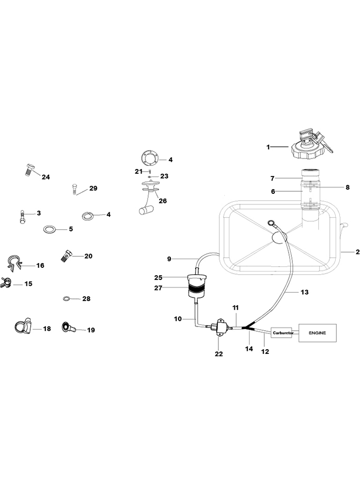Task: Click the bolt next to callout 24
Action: tap(30, 169)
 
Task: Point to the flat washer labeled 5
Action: tap(49, 229)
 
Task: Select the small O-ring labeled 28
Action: tap(67, 299)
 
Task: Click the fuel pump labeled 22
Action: tap(219, 329)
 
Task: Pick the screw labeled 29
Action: tap(75, 189)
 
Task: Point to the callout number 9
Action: tap(169, 259)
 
